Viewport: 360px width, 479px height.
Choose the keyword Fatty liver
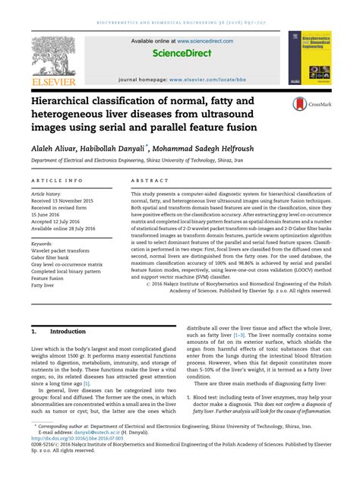pyautogui.click(x=44, y=287)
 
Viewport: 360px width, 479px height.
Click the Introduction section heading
pyautogui.click(x=68, y=332)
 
